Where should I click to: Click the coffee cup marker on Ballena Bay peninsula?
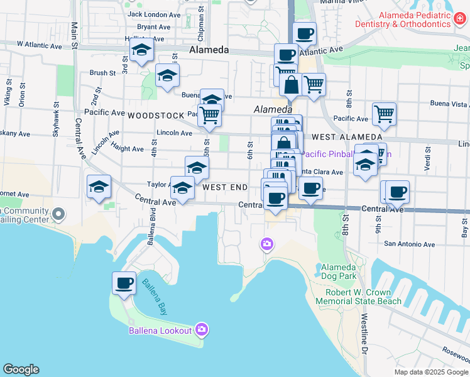coord(124,283)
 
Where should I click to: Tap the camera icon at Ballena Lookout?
coord(202,329)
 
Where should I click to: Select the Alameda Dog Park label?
coord(339,271)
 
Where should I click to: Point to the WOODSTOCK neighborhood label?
coord(152,116)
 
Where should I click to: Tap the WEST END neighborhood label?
coord(225,187)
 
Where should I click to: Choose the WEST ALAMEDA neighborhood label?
coord(346,137)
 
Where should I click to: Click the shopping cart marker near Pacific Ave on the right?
coord(384,114)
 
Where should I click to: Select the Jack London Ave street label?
coord(154,14)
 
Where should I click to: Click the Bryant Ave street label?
coord(154,27)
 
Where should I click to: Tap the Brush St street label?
coord(102,73)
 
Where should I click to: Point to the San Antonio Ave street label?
coord(410,244)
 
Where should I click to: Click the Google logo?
coord(21,369)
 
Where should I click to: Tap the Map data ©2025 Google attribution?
coord(431,372)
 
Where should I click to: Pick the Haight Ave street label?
coord(128,149)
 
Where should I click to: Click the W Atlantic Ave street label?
coord(40,46)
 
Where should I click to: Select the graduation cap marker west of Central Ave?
coord(99,187)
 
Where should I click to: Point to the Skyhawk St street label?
coord(56,119)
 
